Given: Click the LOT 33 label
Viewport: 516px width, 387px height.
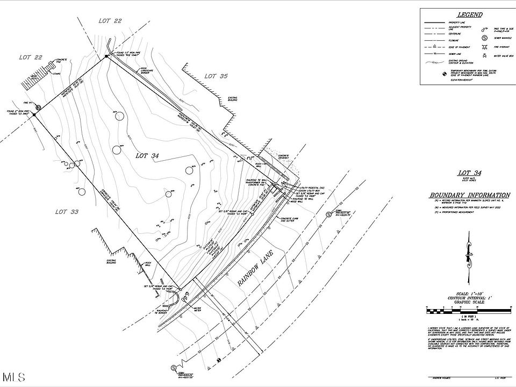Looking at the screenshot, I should click(x=67, y=212).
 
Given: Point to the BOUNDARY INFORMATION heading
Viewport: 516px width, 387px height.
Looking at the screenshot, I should click(x=469, y=195).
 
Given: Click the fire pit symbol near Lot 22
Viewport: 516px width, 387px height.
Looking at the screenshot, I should click(x=33, y=114).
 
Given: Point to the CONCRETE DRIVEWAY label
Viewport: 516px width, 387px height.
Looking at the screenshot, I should click(x=283, y=157).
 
